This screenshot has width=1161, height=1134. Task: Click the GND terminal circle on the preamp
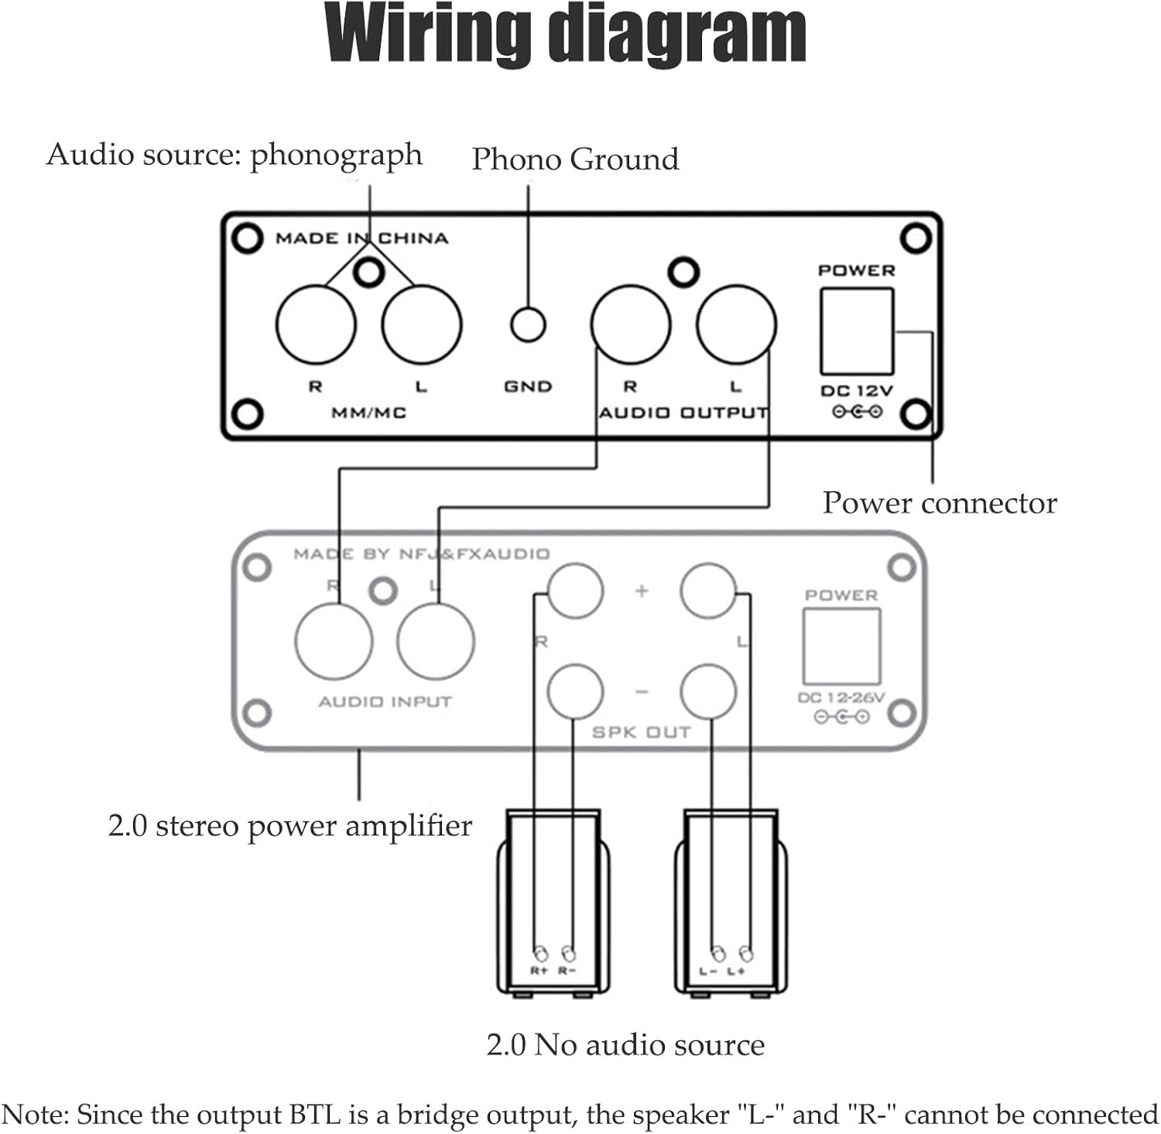coord(528,325)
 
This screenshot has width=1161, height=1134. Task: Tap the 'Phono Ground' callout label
coord(575,159)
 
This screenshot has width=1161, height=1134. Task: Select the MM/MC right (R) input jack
coord(316,325)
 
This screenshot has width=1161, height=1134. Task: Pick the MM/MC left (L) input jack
coord(422,325)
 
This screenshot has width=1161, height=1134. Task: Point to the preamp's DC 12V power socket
coord(857,331)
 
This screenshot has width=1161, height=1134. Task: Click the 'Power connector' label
coord(939,503)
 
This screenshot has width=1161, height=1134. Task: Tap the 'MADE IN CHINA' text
coord(361,238)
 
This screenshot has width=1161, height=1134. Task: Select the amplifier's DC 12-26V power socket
coord(841,646)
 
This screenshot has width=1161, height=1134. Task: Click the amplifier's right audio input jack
coord(334,642)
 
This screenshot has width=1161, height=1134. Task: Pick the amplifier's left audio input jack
coord(436,642)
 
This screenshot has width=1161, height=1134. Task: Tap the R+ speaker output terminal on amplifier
coord(574,591)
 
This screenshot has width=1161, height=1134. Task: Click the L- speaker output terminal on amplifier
coord(708,691)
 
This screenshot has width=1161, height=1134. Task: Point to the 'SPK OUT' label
coord(641,732)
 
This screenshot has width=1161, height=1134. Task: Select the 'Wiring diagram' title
coord(566,34)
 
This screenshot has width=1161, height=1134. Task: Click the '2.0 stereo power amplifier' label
coord(289,826)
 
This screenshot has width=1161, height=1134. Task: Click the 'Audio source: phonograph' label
coord(234,155)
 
